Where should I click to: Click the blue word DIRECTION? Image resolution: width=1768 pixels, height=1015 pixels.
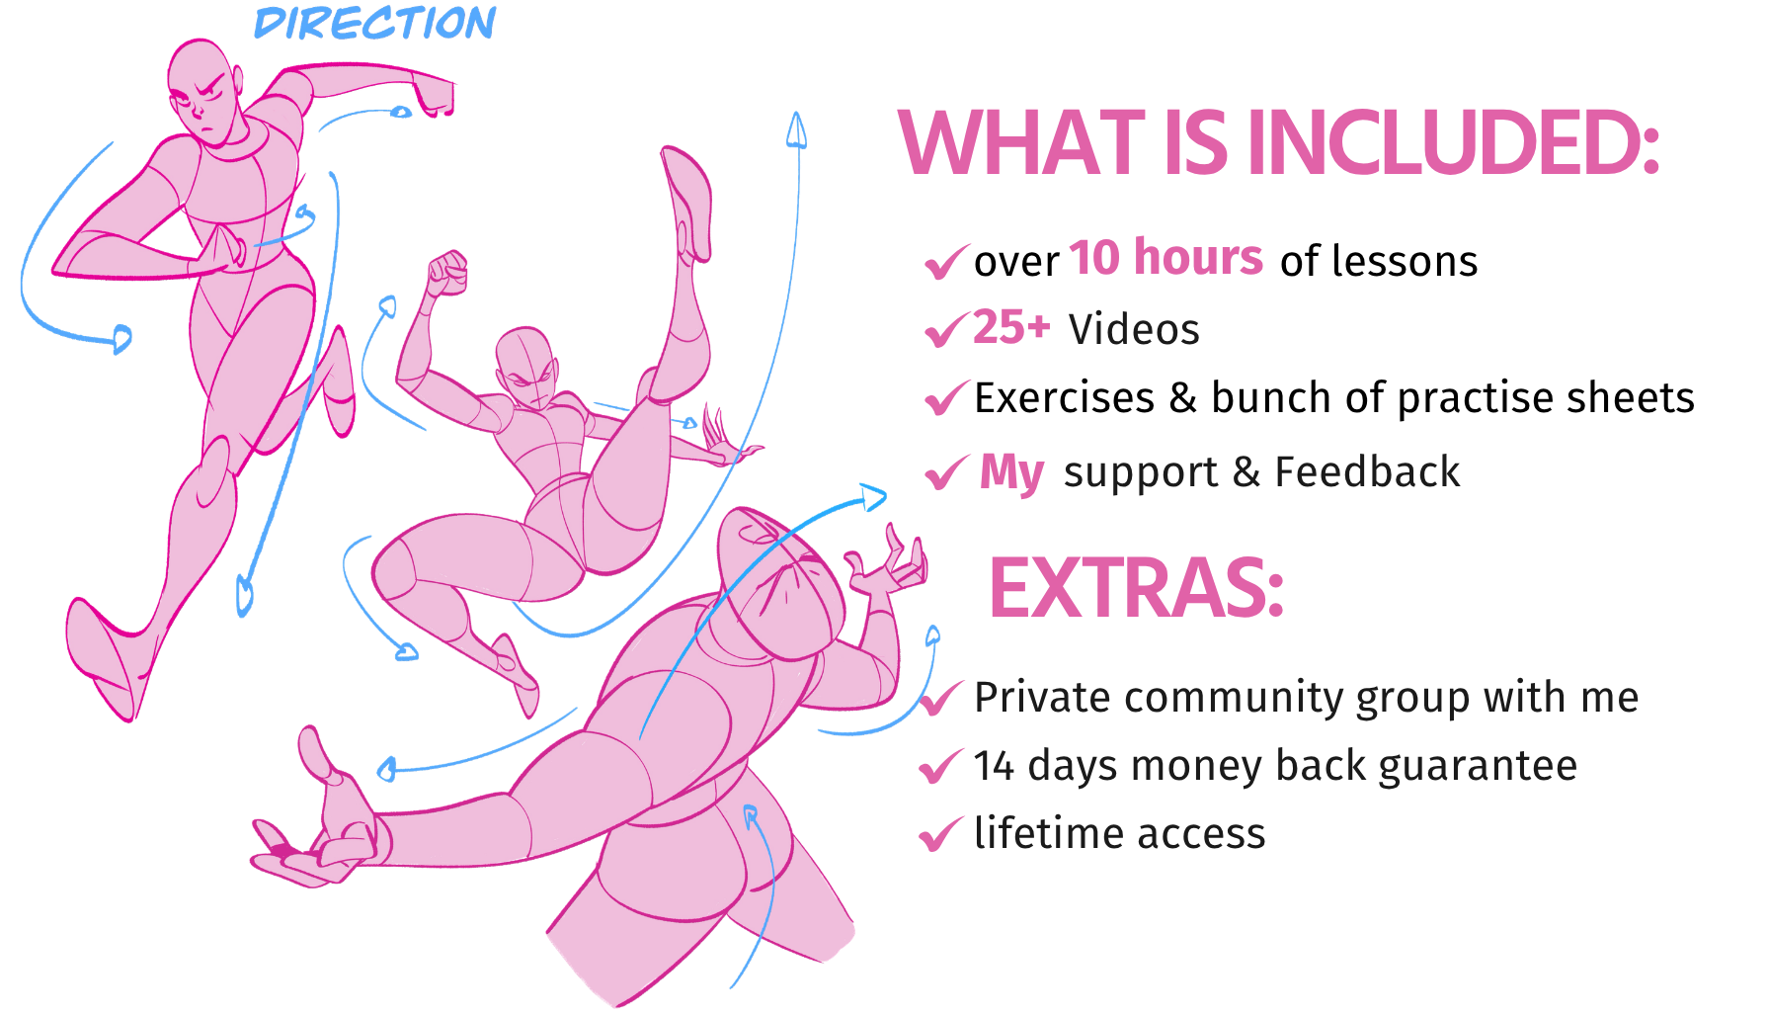(375, 23)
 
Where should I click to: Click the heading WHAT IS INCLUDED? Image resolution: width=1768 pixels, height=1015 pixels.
(1278, 143)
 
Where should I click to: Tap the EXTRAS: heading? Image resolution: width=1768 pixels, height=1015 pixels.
(1136, 588)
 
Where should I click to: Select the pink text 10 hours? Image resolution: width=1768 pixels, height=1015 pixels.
(1165, 258)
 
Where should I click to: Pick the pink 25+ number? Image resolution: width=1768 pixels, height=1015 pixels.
(1011, 327)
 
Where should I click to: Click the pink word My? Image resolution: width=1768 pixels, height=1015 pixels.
(1011, 473)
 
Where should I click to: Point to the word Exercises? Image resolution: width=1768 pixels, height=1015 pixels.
(1064, 398)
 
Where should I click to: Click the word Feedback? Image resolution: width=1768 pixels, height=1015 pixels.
(1367, 471)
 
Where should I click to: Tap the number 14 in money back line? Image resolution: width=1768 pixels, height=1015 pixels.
(994, 766)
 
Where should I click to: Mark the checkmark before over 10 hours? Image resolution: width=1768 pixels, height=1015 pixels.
(945, 262)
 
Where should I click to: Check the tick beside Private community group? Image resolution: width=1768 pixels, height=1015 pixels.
(941, 698)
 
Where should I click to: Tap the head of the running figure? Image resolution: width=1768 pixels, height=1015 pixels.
(204, 92)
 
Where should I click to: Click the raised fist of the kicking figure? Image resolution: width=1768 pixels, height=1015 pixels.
(447, 273)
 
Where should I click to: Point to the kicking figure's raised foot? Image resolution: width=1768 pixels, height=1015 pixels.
(687, 203)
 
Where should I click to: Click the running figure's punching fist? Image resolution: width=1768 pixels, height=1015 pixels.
(434, 95)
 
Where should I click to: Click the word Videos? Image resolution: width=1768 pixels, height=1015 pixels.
(1134, 329)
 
